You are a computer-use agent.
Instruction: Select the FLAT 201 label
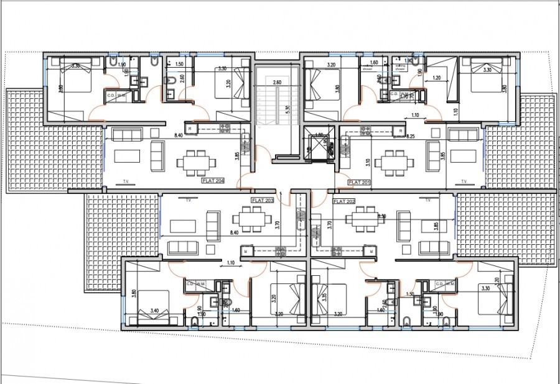tap(360, 182)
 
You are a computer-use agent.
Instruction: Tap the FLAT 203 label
tap(262, 201)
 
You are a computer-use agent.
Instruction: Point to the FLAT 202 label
tap(344, 201)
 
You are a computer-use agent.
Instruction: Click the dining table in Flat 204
tap(196, 162)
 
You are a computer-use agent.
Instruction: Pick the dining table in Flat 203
tap(252, 219)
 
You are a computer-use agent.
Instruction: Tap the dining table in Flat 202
tap(363, 219)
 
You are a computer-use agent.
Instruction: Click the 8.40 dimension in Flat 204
tap(179, 135)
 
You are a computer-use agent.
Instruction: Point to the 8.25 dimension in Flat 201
tap(411, 135)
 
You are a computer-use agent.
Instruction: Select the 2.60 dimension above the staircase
tap(277, 81)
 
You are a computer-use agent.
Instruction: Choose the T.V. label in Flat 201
tap(464, 182)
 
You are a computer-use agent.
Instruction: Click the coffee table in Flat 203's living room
tap(184, 224)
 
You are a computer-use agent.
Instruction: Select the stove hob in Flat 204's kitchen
tap(225, 129)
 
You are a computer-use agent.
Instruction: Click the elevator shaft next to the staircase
tap(318, 147)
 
